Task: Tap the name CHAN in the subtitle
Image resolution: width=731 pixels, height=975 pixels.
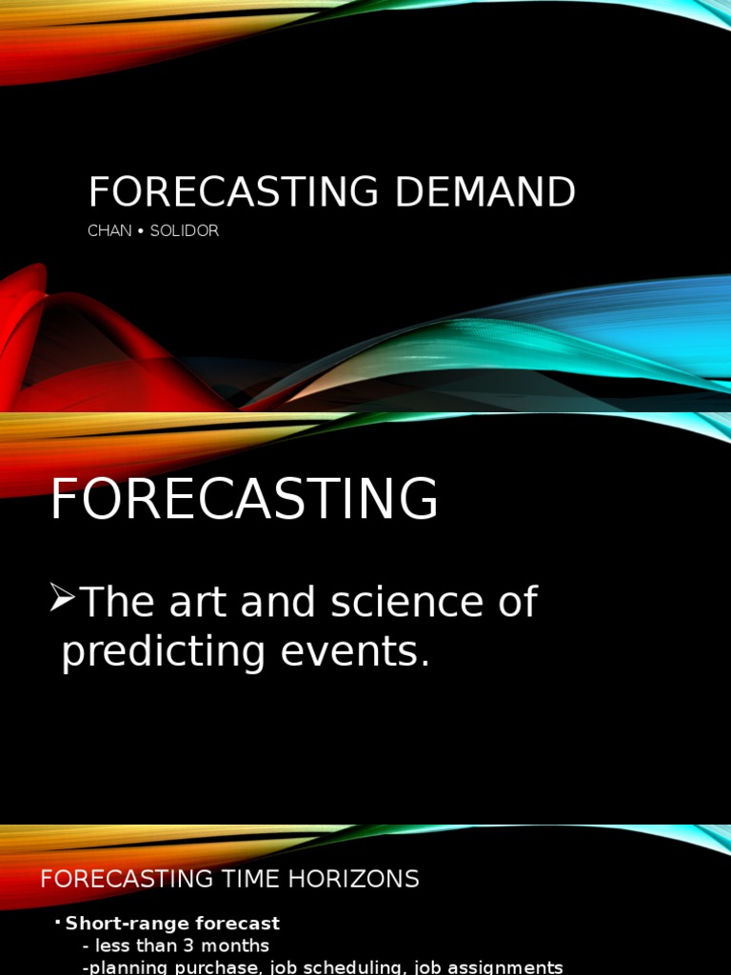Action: click(109, 230)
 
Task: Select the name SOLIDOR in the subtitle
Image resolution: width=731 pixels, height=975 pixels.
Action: click(185, 230)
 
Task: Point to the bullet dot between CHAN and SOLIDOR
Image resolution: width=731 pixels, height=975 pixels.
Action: click(141, 231)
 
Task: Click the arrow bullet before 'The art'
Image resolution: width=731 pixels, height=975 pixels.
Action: click(62, 598)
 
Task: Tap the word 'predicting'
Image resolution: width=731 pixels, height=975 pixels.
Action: click(164, 651)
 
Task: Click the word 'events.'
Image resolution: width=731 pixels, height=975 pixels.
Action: click(355, 651)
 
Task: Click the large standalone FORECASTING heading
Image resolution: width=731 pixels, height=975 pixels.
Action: click(245, 498)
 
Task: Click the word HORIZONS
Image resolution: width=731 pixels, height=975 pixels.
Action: click(354, 879)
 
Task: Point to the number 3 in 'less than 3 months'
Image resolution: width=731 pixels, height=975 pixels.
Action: click(188, 945)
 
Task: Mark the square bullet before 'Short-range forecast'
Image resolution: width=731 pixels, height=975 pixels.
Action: click(58, 921)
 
